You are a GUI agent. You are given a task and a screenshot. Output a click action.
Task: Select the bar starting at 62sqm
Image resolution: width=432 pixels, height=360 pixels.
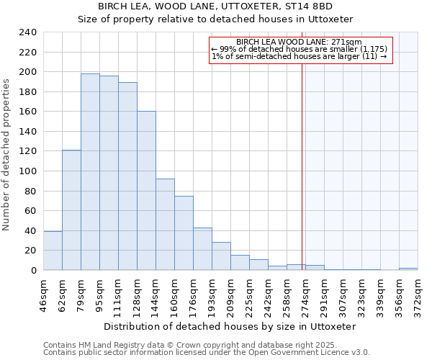click(x=71, y=210)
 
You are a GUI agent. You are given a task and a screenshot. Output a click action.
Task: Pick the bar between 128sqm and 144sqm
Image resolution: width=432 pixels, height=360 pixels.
click(x=146, y=191)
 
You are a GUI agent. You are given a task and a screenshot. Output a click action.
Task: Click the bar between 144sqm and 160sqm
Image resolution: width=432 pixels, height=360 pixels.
click(x=165, y=224)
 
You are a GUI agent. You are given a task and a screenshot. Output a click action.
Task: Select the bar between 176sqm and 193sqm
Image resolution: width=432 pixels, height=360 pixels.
click(x=202, y=248)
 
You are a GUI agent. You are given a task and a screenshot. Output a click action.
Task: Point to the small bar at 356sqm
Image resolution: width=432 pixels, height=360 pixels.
click(x=408, y=269)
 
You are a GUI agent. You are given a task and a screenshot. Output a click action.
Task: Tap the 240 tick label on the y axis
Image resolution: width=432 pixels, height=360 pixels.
click(x=27, y=32)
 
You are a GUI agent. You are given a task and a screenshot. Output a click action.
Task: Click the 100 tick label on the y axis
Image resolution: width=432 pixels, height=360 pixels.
click(x=27, y=171)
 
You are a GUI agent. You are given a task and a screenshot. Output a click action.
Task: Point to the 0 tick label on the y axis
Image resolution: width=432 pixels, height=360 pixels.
click(x=34, y=271)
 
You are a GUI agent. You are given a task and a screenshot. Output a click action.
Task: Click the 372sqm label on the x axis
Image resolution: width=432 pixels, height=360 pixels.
click(x=418, y=292)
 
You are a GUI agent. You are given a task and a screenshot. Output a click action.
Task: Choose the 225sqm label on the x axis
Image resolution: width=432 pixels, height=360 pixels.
click(x=250, y=292)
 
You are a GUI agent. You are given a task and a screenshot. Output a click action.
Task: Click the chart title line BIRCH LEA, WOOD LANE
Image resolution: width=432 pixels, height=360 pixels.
click(x=215, y=6)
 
